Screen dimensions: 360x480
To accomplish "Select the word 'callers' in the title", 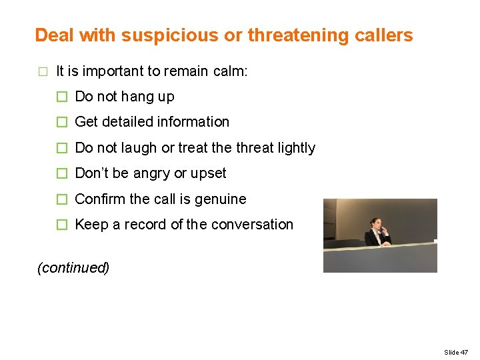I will (387, 35).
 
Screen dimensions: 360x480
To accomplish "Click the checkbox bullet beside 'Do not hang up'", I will (62, 97).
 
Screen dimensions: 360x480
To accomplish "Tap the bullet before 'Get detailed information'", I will (62, 122).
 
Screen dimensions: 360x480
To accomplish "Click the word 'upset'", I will (209, 173).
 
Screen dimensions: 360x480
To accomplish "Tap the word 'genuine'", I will (221, 199).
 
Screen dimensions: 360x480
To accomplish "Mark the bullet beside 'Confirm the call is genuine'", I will (62, 199).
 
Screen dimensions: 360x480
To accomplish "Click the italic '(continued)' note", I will (73, 268).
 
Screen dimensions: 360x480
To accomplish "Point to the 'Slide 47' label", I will (456, 352).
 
